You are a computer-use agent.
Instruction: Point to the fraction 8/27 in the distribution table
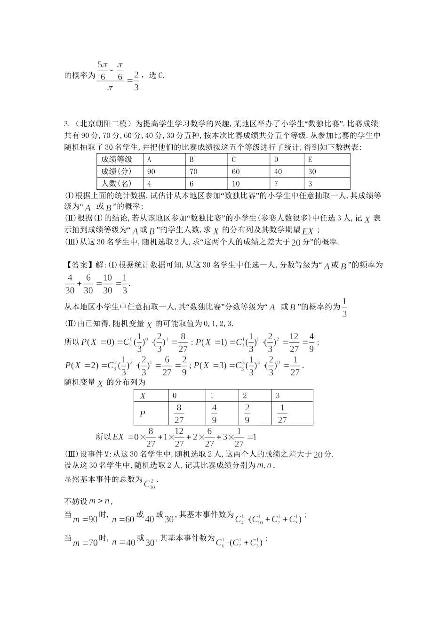pyautogui.click(x=179, y=414)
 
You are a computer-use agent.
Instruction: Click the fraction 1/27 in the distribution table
pyautogui.click(x=282, y=414)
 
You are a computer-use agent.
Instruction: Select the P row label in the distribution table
pyautogui.click(x=143, y=414)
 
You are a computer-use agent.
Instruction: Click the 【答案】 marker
pyautogui.click(x=79, y=265)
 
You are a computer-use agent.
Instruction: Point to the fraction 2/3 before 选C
pyautogui.click(x=136, y=81)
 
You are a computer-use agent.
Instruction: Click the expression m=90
pyautogui.click(x=85, y=519)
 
